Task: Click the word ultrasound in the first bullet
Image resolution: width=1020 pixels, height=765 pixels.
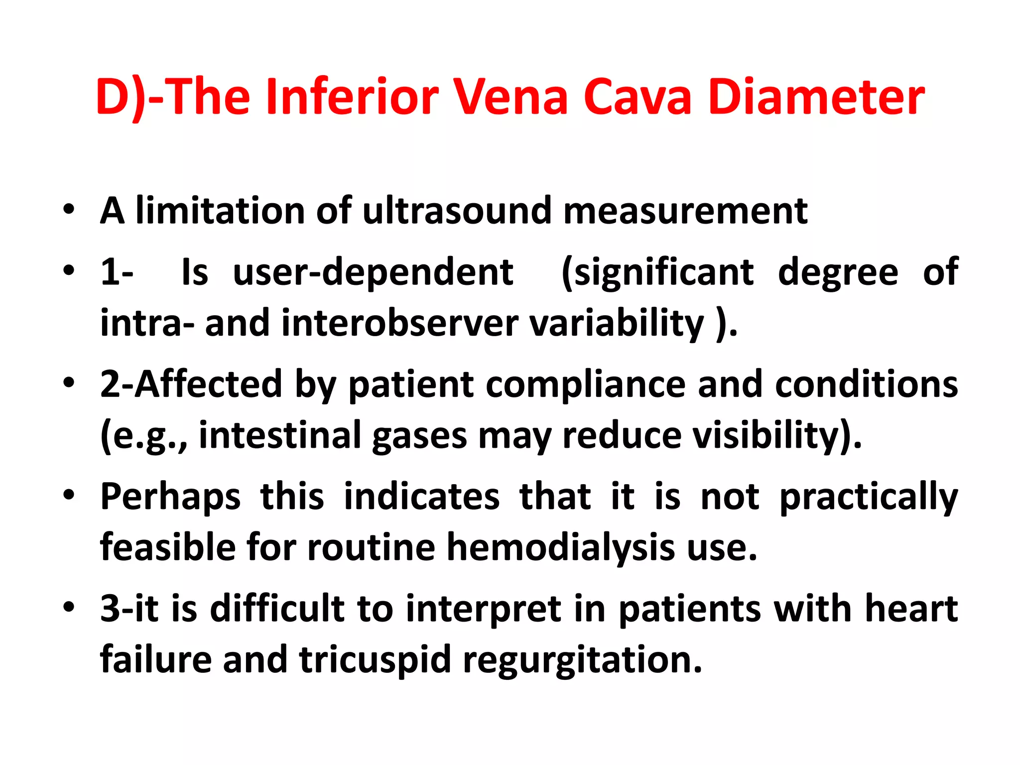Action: (x=457, y=211)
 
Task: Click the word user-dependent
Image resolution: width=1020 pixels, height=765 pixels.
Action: (x=373, y=272)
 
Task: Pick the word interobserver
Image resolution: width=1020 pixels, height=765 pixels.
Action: (x=400, y=323)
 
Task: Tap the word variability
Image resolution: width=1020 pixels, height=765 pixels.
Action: (x=617, y=323)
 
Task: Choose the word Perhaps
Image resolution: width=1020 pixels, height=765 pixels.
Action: (x=170, y=497)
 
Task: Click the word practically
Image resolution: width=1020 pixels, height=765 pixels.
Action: (x=869, y=497)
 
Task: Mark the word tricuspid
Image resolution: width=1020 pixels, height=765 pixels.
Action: (x=375, y=659)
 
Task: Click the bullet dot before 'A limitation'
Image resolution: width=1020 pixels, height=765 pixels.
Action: (x=69, y=211)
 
